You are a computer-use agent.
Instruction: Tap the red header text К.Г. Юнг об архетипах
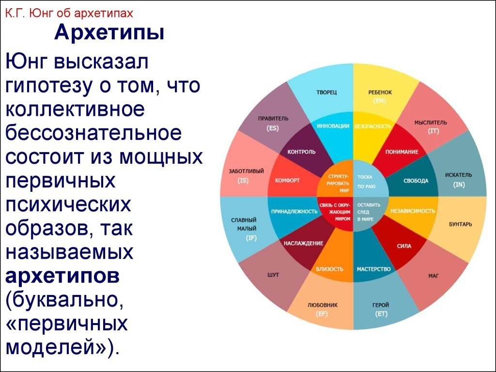(69, 13)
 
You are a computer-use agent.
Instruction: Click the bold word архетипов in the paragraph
(62, 276)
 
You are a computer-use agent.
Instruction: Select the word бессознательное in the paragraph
(93, 133)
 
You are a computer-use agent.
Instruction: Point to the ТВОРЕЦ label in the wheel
(326, 93)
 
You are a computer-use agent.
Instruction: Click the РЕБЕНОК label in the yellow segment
(380, 93)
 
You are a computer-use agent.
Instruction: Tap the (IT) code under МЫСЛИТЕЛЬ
(434, 131)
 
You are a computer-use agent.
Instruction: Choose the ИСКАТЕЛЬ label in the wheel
(459, 175)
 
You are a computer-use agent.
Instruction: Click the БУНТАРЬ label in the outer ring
(461, 224)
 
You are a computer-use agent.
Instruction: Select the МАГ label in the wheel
(434, 276)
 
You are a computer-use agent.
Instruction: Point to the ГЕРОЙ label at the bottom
(381, 305)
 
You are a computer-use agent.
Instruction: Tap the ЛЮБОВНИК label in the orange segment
(323, 305)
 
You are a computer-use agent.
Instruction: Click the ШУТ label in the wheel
(273, 275)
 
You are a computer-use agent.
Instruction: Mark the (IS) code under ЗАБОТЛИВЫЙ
(243, 181)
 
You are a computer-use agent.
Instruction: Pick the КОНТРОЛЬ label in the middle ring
(301, 152)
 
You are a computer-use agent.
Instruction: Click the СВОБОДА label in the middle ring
(416, 181)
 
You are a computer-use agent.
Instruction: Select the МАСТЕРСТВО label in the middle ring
(374, 269)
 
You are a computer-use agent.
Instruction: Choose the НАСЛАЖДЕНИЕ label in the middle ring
(304, 243)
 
